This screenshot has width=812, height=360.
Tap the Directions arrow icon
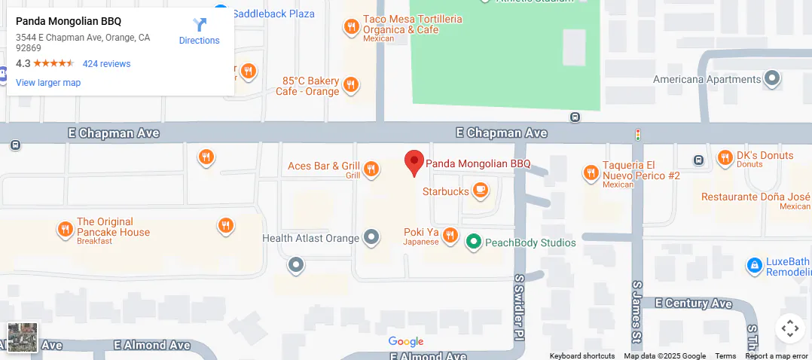[x=200, y=25]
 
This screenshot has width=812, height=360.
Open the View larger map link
[x=48, y=83]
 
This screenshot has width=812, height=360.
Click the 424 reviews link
[x=106, y=64]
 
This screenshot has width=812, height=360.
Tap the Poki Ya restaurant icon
[x=450, y=236]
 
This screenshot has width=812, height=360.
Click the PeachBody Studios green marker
[x=473, y=243]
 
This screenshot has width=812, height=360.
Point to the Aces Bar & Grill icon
[x=371, y=169]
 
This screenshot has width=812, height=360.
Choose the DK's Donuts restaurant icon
[x=725, y=158]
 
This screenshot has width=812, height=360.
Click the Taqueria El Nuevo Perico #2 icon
[x=591, y=173]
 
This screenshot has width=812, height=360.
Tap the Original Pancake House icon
[x=66, y=230]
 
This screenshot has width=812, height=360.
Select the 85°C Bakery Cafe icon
[x=350, y=84]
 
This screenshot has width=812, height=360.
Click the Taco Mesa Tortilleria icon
[x=351, y=28]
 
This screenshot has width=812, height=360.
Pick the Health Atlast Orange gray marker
[x=371, y=238]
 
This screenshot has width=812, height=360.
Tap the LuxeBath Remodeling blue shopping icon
[x=754, y=265]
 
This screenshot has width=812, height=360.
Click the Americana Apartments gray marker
[x=772, y=78]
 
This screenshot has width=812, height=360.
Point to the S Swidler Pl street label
[x=519, y=307]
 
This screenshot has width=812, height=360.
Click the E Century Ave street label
[x=693, y=304]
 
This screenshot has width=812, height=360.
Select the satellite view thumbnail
[x=23, y=337]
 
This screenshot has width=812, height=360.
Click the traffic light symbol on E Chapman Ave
[x=638, y=135]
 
